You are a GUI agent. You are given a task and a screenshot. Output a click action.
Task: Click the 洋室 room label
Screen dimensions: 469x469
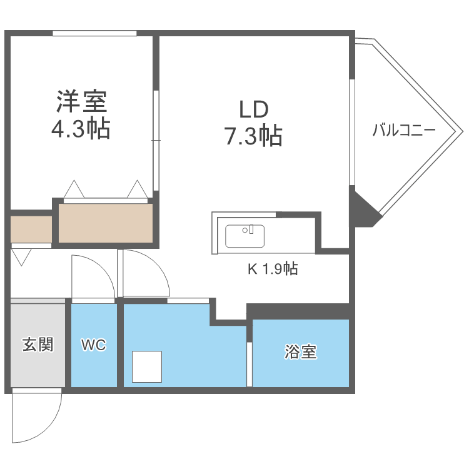(x=81, y=100)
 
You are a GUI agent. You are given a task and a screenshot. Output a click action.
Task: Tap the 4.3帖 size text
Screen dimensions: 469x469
(x=81, y=129)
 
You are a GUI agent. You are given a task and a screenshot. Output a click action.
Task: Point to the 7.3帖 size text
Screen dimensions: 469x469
(x=254, y=135)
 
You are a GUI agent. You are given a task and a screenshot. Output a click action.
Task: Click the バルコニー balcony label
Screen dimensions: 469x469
(x=404, y=131)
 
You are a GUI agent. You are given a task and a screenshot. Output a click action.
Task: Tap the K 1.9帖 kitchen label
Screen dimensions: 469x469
(x=273, y=270)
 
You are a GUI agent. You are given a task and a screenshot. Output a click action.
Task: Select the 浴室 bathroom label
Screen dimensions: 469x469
(x=301, y=352)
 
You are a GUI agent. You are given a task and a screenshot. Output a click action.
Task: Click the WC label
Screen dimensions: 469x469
(x=94, y=345)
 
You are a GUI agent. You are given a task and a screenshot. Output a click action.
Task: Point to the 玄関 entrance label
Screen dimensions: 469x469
(x=38, y=345)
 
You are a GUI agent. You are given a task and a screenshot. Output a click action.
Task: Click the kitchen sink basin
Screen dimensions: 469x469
(x=245, y=236)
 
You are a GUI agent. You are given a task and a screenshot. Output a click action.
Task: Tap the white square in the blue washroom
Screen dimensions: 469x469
(x=147, y=366)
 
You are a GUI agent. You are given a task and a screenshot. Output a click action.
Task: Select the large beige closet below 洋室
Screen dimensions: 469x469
(x=106, y=223)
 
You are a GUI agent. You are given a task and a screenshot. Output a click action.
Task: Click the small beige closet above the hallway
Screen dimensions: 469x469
(x=31, y=229)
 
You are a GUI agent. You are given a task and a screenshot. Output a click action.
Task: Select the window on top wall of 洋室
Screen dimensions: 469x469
(x=94, y=33)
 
